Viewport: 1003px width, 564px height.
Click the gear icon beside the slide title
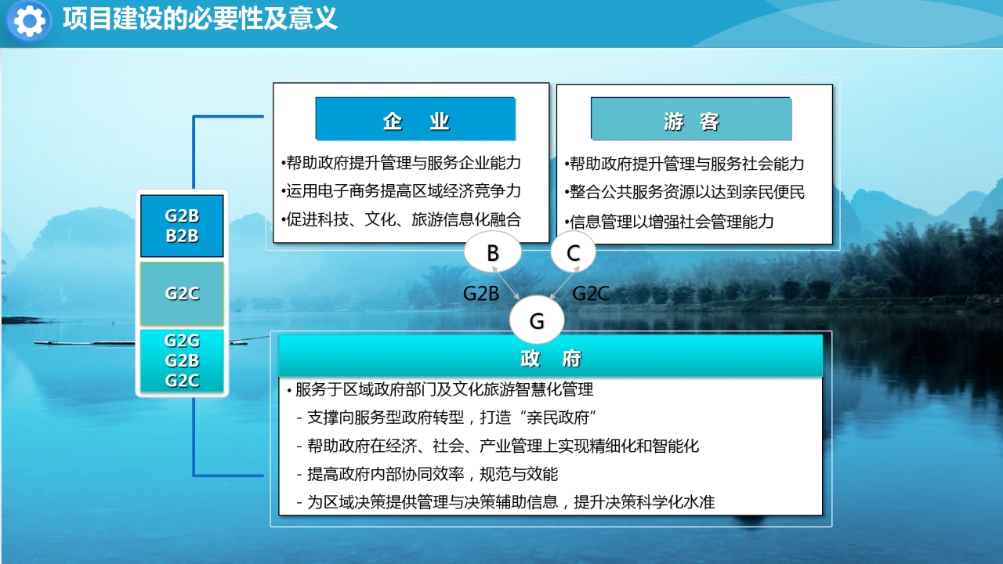pyautogui.click(x=29, y=20)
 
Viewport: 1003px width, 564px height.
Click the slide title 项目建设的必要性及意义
pyautogui.click(x=200, y=19)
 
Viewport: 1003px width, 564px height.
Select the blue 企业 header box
pyautogui.click(x=415, y=119)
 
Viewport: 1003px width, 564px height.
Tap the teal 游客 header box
pyautogui.click(x=691, y=119)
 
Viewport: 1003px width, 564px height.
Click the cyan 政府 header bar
pyautogui.click(x=550, y=357)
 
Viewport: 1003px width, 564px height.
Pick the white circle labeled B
pyautogui.click(x=493, y=252)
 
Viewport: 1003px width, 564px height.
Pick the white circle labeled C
pyautogui.click(x=573, y=252)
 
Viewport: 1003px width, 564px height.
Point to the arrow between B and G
pyautogui.click(x=506, y=283)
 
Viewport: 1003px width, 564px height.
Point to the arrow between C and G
pyautogui.click(x=564, y=283)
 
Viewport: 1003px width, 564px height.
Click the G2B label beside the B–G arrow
pyautogui.click(x=481, y=294)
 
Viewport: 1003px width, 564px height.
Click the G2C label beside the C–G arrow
pyautogui.click(x=591, y=294)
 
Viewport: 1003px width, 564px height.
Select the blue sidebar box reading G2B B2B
pyautogui.click(x=182, y=226)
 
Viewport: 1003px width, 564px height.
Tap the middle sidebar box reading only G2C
pyautogui.click(x=182, y=294)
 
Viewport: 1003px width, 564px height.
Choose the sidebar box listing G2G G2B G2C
pyautogui.click(x=182, y=361)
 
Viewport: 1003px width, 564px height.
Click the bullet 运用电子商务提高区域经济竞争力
pyautogui.click(x=401, y=191)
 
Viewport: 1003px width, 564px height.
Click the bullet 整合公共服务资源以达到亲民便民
pyautogui.click(x=685, y=192)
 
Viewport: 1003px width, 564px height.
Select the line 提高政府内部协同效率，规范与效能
pyautogui.click(x=428, y=474)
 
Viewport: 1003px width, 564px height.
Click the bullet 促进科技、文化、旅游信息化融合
pyautogui.click(x=401, y=219)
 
